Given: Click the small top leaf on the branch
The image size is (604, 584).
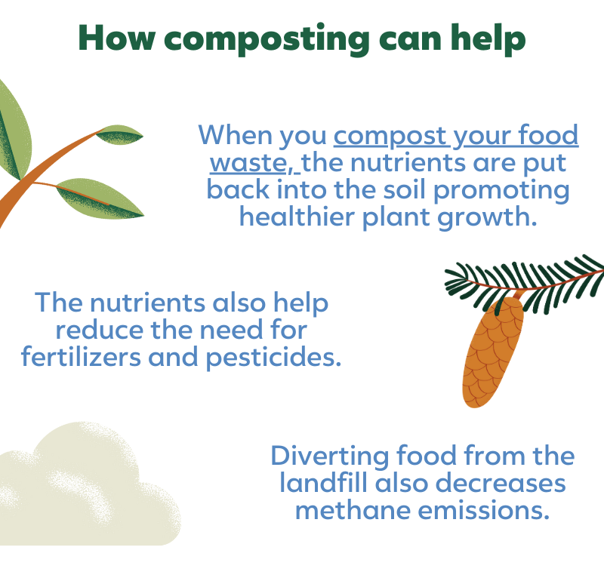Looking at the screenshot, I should coord(120,135).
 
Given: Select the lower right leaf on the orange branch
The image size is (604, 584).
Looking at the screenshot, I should coord(102,198).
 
